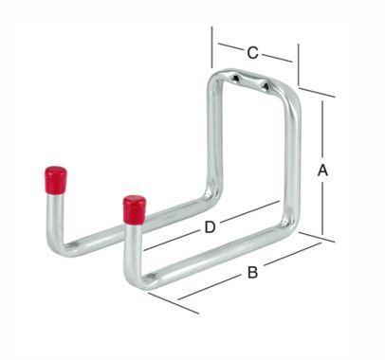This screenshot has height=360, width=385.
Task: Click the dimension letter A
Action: pos(322,171)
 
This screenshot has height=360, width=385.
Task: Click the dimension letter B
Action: pos(252,272)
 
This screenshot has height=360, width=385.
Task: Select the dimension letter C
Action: pos(252,53)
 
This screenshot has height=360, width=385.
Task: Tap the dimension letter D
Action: pos(210,227)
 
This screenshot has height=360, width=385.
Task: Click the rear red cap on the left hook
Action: pos(56,180)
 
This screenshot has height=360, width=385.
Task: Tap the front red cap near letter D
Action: pos(135,209)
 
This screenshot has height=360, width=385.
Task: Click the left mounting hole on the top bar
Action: pos(236,78)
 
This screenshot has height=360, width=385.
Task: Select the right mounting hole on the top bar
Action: pos(266,85)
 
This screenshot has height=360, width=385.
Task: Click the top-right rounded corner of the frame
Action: pos(292,96)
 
